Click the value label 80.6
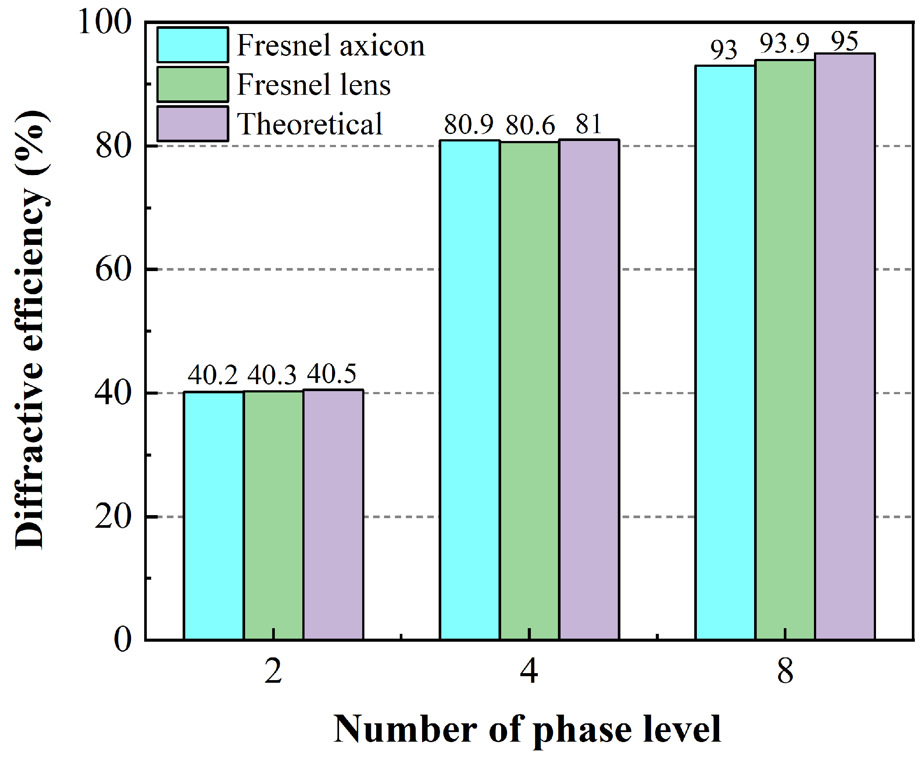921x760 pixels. click(x=530, y=125)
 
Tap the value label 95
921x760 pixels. click(x=845, y=42)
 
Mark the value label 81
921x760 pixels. click(x=589, y=124)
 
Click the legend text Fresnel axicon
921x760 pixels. click(x=331, y=45)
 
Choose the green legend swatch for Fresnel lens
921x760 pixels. click(x=192, y=85)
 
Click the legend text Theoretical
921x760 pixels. click(x=310, y=124)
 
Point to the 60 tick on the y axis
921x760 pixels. click(x=113, y=269)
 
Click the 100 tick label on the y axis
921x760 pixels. click(x=105, y=22)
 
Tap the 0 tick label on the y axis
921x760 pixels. click(x=122, y=640)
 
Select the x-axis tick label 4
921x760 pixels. click(x=529, y=671)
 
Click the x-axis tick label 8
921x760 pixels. click(x=785, y=671)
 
